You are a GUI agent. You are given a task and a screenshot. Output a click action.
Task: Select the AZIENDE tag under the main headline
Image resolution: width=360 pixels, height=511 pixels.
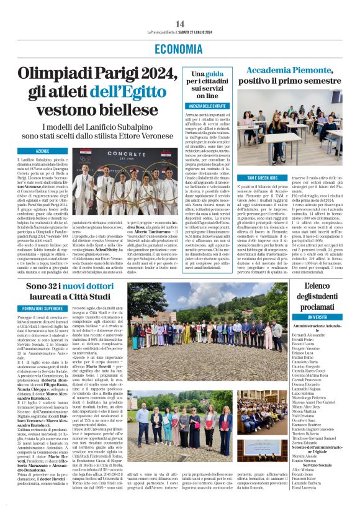tap(42, 151)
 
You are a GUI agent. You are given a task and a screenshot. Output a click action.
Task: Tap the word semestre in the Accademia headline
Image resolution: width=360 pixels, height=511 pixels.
tap(324, 82)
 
